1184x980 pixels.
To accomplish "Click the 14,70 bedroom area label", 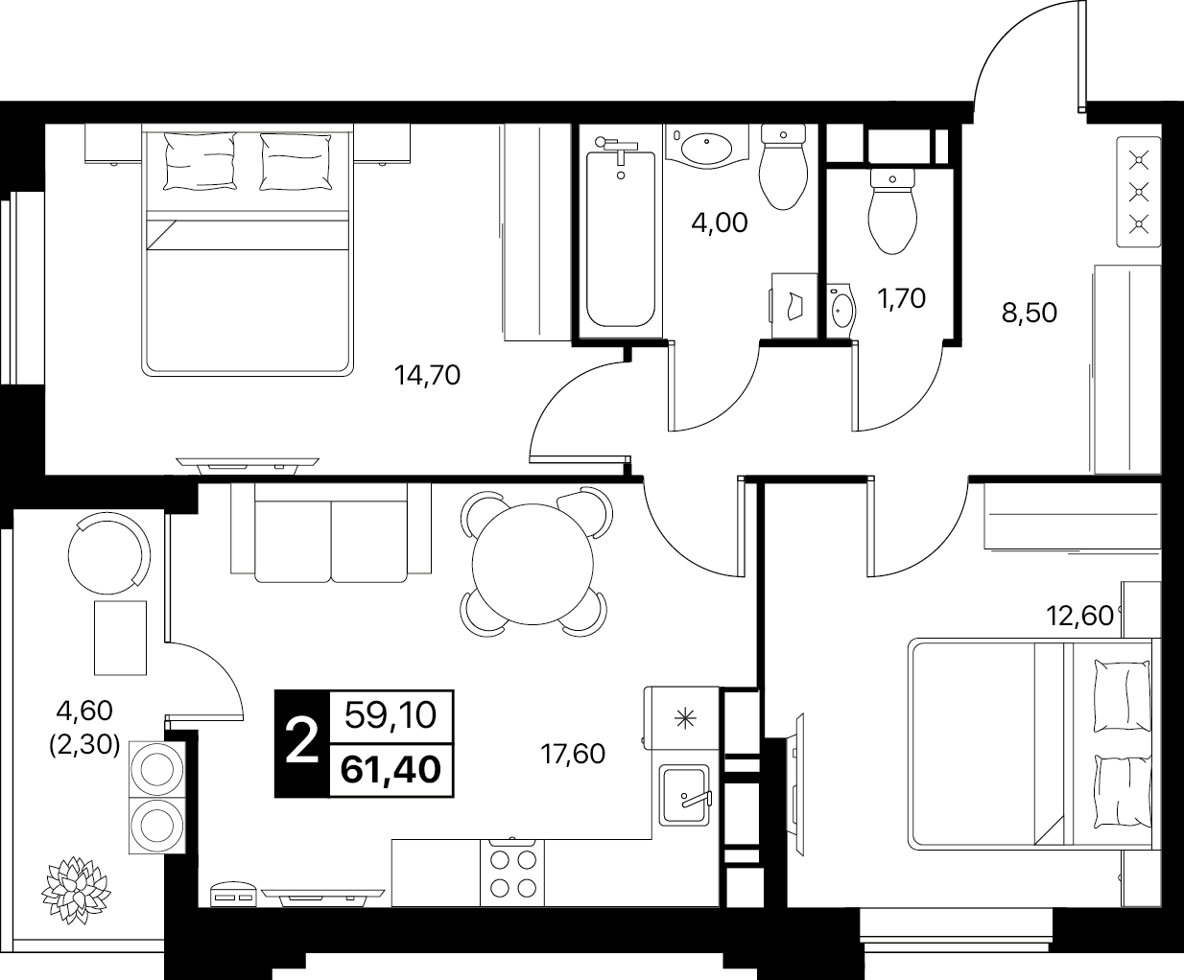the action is point(427,375).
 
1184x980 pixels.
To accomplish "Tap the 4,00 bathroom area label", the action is point(719,222).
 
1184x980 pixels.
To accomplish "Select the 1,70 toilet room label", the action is point(901,298).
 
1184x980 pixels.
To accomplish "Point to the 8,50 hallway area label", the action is point(1030,313).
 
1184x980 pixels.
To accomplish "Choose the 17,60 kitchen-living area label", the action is point(573,755).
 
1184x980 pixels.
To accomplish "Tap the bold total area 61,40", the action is point(391,771).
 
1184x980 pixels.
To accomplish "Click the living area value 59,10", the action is point(391,715).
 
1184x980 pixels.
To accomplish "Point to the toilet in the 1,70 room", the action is point(892,210).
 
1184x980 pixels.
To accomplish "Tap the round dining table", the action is point(533,564).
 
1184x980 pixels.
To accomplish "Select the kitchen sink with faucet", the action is point(684,796).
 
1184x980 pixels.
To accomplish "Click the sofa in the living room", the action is point(331,533).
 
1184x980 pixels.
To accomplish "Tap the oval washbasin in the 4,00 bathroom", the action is point(706,148).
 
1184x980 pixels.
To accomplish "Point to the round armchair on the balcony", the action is point(109,553).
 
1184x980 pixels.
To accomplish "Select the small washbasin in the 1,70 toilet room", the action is point(841,312).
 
